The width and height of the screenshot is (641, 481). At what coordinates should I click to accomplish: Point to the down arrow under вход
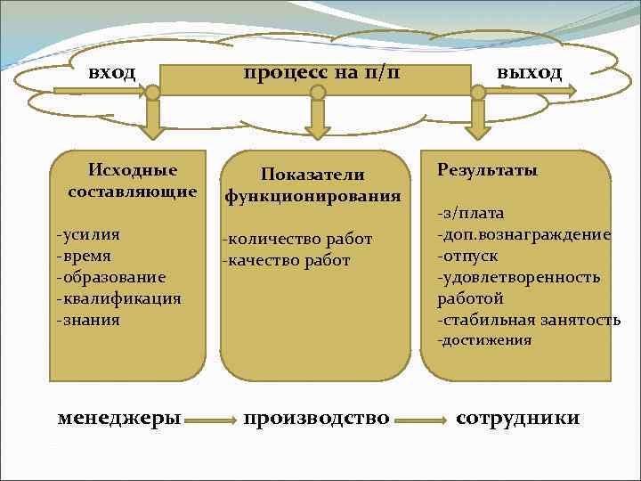[154, 119]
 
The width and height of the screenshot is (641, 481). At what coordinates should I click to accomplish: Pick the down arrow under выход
[478, 119]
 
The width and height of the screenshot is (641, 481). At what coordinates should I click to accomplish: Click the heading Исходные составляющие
[132, 180]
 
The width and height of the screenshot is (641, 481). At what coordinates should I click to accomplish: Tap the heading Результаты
[487, 170]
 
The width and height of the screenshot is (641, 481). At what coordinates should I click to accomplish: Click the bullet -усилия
[88, 234]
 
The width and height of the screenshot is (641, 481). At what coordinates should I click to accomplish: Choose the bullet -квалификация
[118, 298]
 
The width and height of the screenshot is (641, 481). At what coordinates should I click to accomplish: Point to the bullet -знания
[87, 319]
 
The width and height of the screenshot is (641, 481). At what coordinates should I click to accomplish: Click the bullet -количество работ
[297, 239]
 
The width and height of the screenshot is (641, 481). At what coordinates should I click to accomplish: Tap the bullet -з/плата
[470, 213]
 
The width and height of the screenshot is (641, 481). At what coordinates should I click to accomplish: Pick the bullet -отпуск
[467, 256]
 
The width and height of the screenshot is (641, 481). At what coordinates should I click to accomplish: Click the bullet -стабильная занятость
[528, 319]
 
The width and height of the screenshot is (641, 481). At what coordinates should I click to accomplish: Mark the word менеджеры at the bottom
[119, 417]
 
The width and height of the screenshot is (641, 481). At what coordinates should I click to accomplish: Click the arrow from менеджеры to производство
[211, 419]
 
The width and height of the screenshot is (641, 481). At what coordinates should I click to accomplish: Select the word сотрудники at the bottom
[517, 417]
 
